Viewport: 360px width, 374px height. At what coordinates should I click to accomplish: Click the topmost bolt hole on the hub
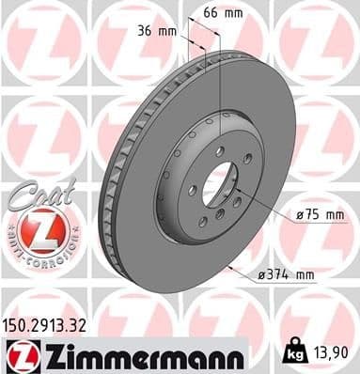(x=219, y=150)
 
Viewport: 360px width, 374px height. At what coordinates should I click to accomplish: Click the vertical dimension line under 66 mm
(x=220, y=85)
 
